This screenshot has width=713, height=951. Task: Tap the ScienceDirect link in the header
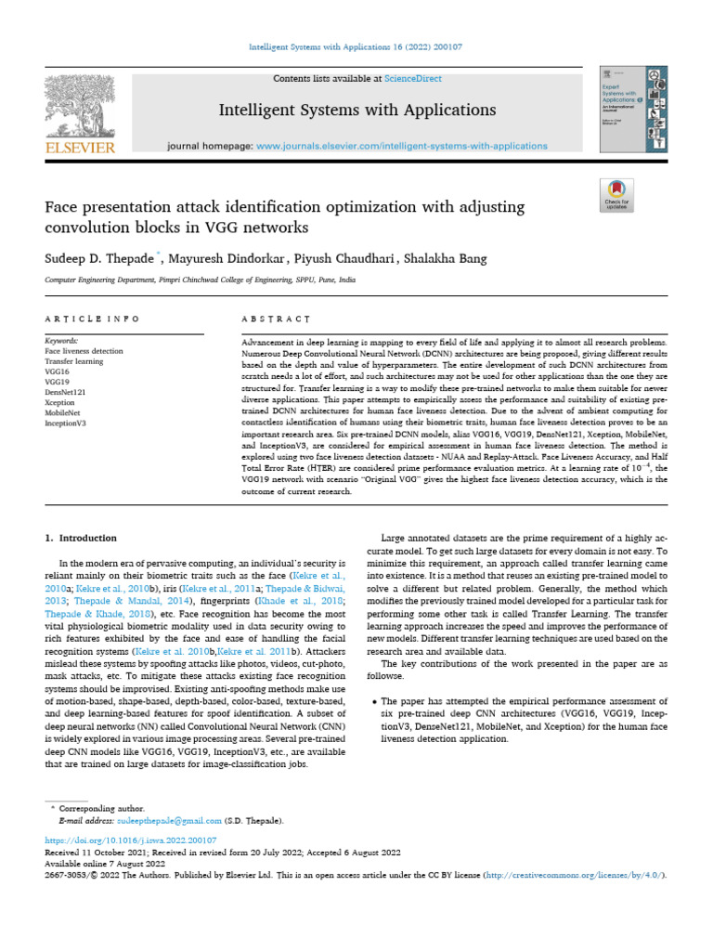(x=390, y=79)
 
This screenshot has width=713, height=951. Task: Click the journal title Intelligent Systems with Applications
(x=356, y=111)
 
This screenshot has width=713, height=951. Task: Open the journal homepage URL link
(x=401, y=147)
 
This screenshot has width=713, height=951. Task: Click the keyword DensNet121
(x=65, y=392)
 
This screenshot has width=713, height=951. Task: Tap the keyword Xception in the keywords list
(x=60, y=402)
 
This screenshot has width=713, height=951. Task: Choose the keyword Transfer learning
(x=73, y=361)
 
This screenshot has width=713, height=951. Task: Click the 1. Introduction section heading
(x=82, y=538)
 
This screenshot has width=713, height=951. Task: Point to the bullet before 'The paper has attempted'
(x=373, y=700)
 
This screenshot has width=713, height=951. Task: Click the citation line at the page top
(x=356, y=46)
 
